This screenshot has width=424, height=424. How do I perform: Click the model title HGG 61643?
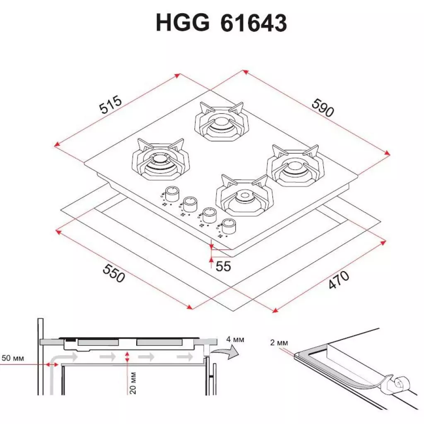pyautogui.click(x=221, y=23)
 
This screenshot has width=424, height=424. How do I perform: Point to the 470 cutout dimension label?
pyautogui.click(x=339, y=280)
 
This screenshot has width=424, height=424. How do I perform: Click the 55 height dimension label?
pyautogui.click(x=223, y=267)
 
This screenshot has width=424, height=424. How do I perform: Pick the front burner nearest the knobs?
pyautogui.click(x=244, y=196)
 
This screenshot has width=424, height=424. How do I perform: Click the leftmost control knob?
pyautogui.click(x=171, y=192)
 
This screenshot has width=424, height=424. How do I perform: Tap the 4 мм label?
pyautogui.click(x=235, y=340)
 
